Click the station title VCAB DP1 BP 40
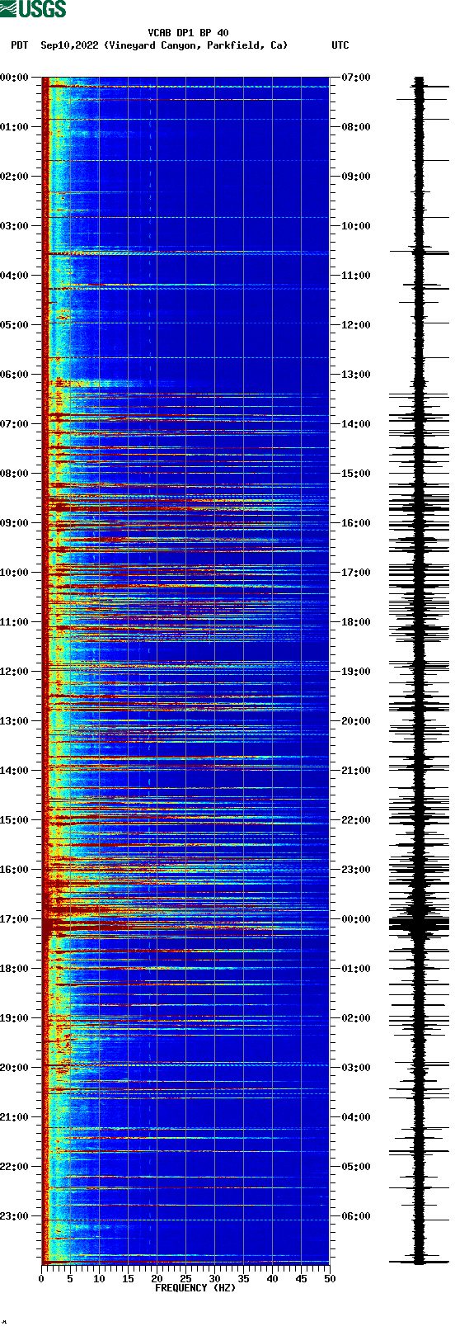click(x=188, y=33)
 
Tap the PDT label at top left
click(x=19, y=45)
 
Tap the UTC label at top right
click(x=340, y=45)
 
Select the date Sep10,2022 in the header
click(x=69, y=45)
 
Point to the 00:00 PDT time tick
click(x=15, y=78)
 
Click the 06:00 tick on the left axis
click(x=15, y=375)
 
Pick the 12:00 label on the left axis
click(x=15, y=672)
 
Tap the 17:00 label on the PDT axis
click(x=15, y=919)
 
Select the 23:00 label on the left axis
click(x=15, y=1216)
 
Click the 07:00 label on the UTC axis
click(x=355, y=78)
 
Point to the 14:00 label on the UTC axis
click(x=355, y=424)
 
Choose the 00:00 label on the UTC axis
click(x=355, y=919)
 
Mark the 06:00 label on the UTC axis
click(x=355, y=1216)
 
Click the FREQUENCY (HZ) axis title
click(x=195, y=1288)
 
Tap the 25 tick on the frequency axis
click(x=185, y=1279)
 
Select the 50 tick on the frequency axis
click(x=329, y=1279)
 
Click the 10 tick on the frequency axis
click(x=99, y=1279)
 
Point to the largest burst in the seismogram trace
click(x=419, y=923)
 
